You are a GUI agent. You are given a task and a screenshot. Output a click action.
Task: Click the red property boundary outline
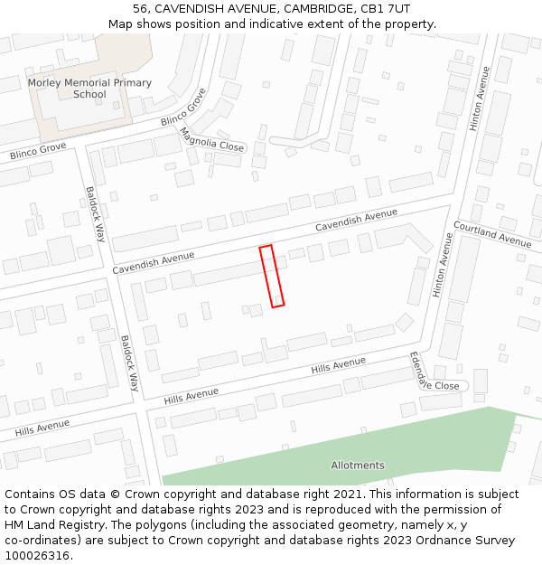coord(272,276)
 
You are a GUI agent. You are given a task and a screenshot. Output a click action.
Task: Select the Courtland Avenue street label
coord(492,234)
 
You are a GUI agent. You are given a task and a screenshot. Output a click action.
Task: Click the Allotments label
coord(358,466)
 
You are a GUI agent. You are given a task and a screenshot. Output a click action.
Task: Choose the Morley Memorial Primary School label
coord(89,88)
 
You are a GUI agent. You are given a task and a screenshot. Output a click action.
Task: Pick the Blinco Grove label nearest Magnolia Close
coord(184,108)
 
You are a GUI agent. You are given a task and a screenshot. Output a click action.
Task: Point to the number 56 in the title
coord(141,8)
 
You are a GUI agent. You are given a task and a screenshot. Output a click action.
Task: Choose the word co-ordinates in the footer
coord(39,541)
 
